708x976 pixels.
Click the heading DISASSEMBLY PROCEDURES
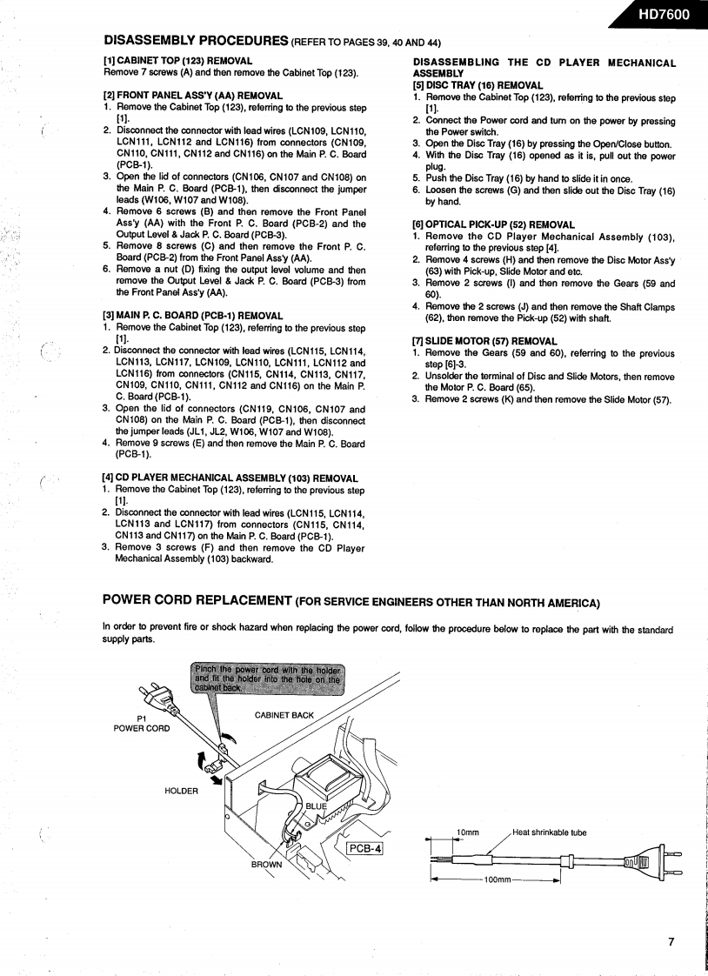click(x=196, y=40)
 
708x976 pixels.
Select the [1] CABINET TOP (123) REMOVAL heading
click(x=177, y=61)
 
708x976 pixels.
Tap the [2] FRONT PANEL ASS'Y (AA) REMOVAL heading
click(x=192, y=95)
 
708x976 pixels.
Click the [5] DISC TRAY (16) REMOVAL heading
click(x=478, y=85)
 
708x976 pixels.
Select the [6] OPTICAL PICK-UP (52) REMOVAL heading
click(x=493, y=224)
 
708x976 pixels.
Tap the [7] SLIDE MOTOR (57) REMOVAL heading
click(x=484, y=340)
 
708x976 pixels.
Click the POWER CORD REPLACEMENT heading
click(x=197, y=600)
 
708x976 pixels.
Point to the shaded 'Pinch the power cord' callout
click(x=266, y=675)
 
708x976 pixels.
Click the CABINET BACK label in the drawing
click(x=284, y=715)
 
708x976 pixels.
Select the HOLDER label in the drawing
click(x=181, y=791)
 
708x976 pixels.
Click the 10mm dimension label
click(x=469, y=832)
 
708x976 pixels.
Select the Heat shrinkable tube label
click(x=549, y=832)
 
